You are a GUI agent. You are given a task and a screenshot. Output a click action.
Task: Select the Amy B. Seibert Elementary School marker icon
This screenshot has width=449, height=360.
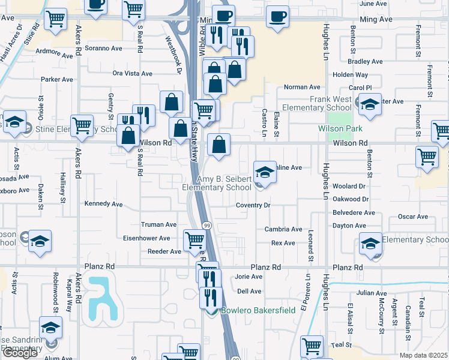[265, 172]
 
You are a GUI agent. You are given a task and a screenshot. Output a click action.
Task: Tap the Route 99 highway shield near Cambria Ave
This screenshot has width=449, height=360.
[207, 224]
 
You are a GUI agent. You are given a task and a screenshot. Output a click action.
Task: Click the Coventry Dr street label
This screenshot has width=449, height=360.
[253, 205]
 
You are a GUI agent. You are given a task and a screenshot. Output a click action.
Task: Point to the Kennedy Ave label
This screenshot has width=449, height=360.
[103, 203]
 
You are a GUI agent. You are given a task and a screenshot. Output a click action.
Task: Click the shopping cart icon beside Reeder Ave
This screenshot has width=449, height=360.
[194, 240]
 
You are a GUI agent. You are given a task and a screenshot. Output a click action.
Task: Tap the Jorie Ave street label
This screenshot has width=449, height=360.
[249, 277]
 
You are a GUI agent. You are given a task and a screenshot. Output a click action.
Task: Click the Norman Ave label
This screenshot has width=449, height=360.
[302, 87]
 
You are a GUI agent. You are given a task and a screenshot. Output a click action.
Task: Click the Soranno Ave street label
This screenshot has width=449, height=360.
[104, 47]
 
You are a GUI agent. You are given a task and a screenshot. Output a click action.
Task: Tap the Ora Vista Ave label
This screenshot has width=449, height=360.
[133, 73]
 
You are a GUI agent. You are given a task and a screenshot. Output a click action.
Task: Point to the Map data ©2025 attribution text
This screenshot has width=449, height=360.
[423, 355]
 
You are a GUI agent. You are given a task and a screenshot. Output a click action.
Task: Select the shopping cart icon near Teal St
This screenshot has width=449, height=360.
[312, 346]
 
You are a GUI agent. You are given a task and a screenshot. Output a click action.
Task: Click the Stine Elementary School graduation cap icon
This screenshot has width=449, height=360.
[14, 121]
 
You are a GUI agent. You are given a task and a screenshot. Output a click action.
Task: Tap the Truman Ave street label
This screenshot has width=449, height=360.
[158, 224]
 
